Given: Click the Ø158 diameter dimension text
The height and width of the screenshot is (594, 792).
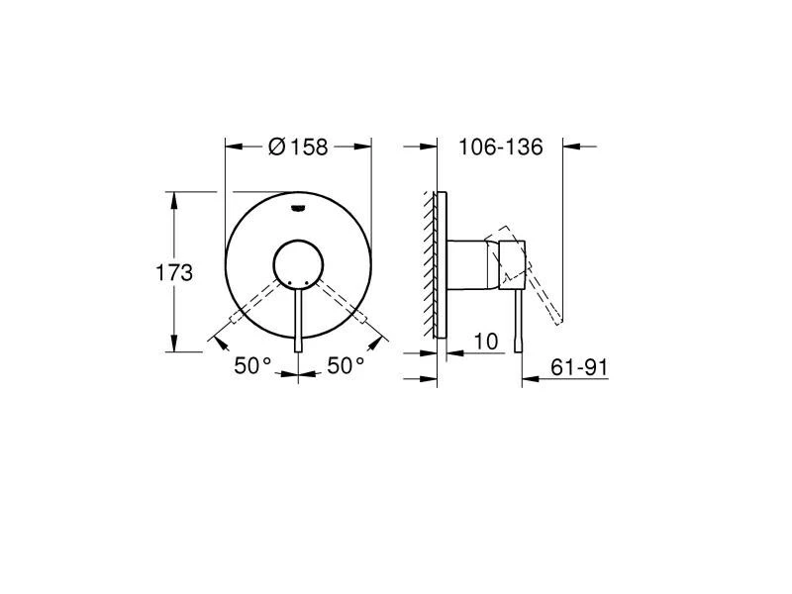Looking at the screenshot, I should click(x=298, y=147).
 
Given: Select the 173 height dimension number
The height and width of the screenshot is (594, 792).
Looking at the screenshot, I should click(x=174, y=272).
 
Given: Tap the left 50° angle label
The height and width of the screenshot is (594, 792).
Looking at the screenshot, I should click(x=252, y=365).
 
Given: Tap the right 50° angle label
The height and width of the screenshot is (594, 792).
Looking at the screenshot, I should click(x=346, y=365).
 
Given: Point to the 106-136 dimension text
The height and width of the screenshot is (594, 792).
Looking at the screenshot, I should click(x=501, y=147).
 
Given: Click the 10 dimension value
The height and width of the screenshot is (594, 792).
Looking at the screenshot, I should click(x=486, y=342).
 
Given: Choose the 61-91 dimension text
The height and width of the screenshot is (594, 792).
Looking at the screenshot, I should click(x=579, y=367).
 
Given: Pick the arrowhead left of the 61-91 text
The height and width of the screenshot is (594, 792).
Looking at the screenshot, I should click(x=529, y=378).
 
